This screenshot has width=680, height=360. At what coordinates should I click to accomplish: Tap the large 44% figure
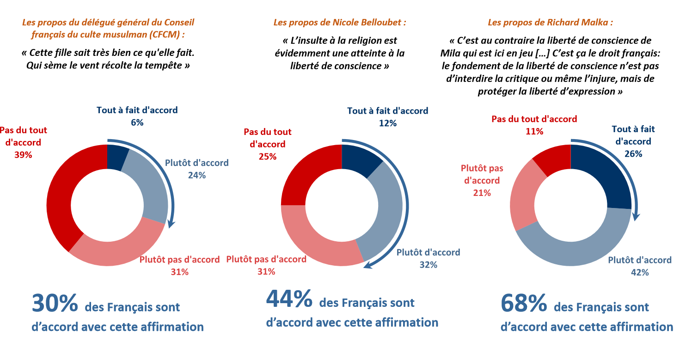pyautogui.click(x=289, y=299)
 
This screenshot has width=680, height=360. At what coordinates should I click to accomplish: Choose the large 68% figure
pyautogui.click(x=524, y=304)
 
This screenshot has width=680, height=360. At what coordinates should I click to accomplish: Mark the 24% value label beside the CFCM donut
pyautogui.click(x=196, y=175)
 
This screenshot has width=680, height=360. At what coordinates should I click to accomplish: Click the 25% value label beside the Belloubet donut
pyautogui.click(x=267, y=157)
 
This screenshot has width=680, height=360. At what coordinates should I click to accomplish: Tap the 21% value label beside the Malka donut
pyautogui.click(x=482, y=193)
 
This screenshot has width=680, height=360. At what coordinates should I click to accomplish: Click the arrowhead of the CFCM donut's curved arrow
pyautogui.click(x=172, y=224)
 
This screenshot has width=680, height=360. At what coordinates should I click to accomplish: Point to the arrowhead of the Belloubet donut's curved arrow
pyautogui.click(x=368, y=265)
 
